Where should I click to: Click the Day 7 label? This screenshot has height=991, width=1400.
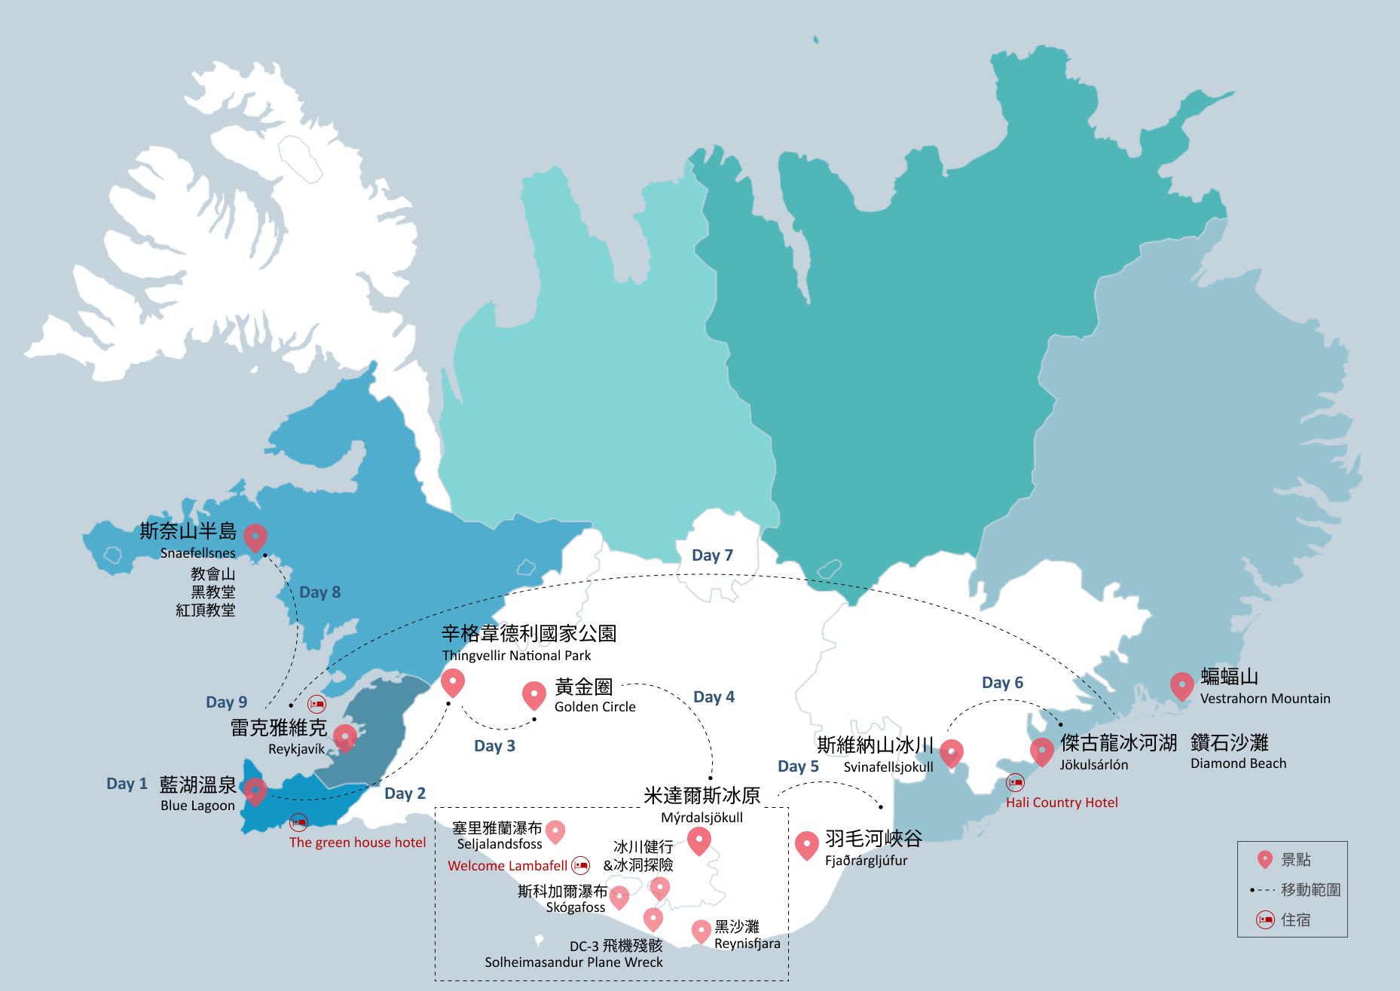click(712, 555)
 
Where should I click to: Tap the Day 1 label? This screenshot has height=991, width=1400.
click(127, 784)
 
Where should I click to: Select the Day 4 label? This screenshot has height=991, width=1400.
click(714, 697)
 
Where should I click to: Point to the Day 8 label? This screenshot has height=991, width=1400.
click(319, 592)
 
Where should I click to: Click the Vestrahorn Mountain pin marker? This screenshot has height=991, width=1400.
click(1181, 685)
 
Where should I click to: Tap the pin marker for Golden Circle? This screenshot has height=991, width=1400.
click(533, 695)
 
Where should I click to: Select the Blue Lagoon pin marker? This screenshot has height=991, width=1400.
click(255, 791)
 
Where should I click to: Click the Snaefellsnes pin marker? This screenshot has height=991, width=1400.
click(255, 537)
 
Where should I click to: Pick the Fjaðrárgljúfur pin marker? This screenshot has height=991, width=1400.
click(806, 844)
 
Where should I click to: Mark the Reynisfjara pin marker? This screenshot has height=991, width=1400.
click(701, 931)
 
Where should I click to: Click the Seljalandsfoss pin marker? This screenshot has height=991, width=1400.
click(555, 831)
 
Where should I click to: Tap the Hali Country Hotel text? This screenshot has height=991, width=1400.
click(1062, 803)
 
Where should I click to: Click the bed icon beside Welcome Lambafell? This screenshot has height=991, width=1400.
click(580, 865)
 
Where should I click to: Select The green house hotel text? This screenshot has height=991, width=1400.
click(357, 843)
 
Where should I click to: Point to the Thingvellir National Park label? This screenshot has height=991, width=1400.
click(516, 656)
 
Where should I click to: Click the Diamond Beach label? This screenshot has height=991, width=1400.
click(1238, 763)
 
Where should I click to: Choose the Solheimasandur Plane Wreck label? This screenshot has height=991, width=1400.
click(573, 962)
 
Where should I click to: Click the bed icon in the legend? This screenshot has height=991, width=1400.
click(1265, 919)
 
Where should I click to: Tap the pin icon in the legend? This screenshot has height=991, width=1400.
click(1265, 859)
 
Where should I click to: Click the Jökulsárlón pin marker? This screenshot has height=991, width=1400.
click(1041, 751)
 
